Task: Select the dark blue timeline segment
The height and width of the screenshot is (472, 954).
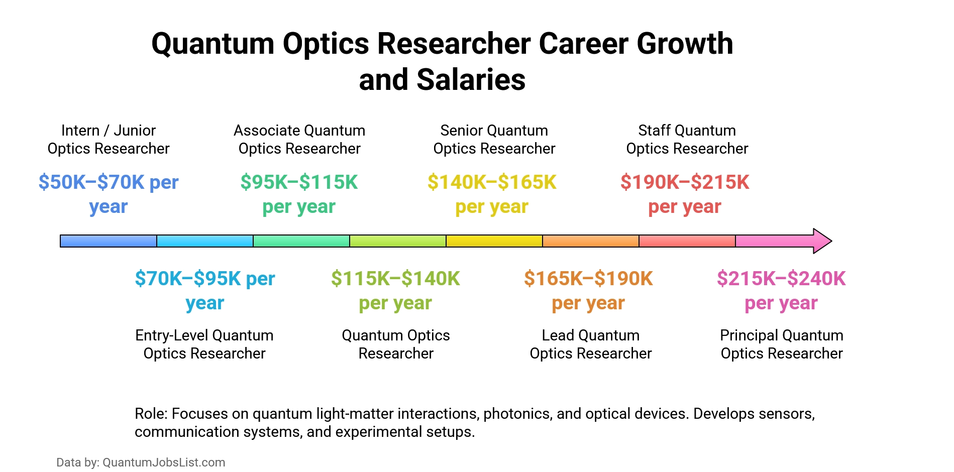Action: tap(108, 241)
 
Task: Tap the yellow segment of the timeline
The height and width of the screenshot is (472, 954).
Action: tap(494, 241)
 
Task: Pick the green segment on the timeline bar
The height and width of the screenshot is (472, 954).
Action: tap(301, 241)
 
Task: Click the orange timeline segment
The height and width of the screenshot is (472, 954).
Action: tap(590, 241)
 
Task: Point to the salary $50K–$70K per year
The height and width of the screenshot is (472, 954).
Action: tap(109, 194)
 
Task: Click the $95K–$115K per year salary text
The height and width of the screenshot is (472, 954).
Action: tap(299, 194)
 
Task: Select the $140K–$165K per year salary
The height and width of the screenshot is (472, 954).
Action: tap(492, 194)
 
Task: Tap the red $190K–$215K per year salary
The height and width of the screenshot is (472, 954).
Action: tap(685, 194)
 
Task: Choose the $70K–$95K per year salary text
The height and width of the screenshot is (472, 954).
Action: tap(205, 290)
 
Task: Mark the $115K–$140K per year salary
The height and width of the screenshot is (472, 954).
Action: tap(395, 290)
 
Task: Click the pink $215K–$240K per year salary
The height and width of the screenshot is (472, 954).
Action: tap(781, 290)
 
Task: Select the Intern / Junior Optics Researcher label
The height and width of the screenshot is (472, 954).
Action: tap(109, 140)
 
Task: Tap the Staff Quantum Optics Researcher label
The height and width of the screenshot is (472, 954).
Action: tap(687, 140)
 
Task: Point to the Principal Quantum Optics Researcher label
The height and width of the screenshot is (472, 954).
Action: tap(781, 344)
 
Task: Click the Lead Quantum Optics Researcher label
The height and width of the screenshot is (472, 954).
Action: tap(590, 344)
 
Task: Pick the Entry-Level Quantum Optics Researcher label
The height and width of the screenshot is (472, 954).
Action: tap(204, 344)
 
